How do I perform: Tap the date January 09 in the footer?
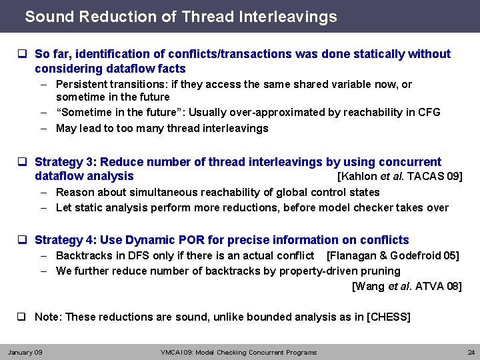[25, 352]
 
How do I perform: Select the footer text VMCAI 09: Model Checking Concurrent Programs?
[239, 352]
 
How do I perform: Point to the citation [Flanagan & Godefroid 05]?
[393, 255]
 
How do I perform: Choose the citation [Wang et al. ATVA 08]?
[406, 287]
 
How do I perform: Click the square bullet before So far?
[22, 54]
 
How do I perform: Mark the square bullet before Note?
[22, 317]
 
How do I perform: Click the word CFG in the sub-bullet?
[428, 112]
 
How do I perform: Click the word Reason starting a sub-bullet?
[75, 192]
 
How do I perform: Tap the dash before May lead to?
[43, 128]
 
